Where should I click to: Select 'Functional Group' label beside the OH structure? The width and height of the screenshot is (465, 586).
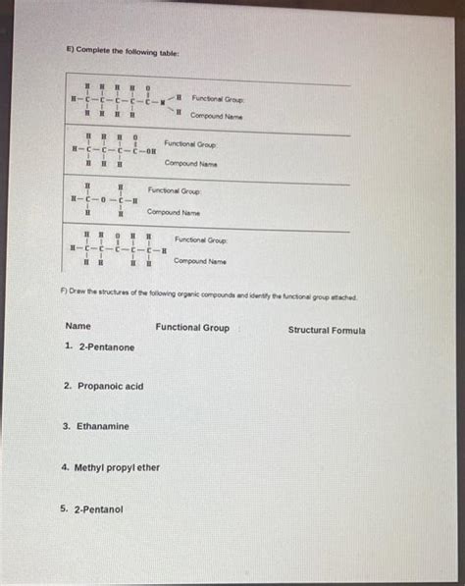[x=190, y=144]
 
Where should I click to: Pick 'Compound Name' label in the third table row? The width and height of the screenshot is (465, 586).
[x=174, y=211]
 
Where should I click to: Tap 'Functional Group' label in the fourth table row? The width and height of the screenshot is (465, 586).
[x=200, y=240]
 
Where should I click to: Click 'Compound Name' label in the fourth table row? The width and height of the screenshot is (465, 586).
[x=200, y=261]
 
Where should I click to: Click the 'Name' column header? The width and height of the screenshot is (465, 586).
[x=77, y=327]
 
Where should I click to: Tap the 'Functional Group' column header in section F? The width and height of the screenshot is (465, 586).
[x=192, y=328]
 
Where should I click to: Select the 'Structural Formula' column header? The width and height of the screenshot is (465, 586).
[x=327, y=331]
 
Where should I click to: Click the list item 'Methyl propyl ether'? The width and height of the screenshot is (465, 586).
[x=110, y=468]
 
